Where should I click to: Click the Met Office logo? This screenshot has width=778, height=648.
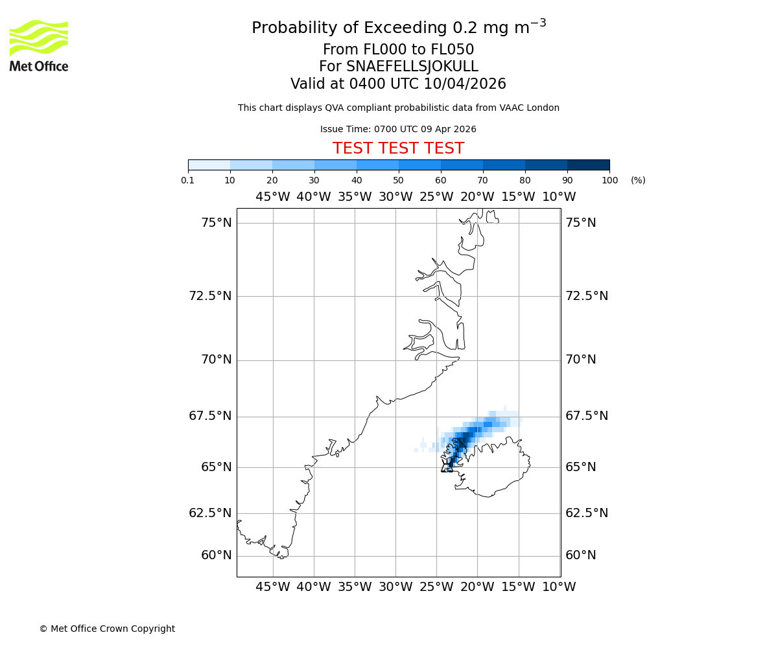click(39, 45)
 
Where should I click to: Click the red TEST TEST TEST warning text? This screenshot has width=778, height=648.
click(398, 148)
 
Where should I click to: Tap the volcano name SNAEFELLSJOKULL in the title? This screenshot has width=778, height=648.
click(413, 67)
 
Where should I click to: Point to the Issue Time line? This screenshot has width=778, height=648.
click(398, 129)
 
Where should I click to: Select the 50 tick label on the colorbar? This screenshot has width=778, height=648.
click(398, 180)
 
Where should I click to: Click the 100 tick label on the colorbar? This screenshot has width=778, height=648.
click(609, 180)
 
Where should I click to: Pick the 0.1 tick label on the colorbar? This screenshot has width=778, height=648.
click(188, 180)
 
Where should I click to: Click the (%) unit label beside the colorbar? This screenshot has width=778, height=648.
click(638, 180)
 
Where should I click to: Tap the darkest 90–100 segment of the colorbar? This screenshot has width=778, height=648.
click(588, 165)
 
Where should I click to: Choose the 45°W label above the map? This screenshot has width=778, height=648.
click(272, 197)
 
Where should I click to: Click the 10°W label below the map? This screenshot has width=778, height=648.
click(559, 587)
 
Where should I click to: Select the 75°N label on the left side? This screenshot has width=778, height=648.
click(216, 223)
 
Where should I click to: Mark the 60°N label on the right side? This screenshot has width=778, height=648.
click(580, 555)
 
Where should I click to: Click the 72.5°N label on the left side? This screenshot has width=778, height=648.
click(210, 296)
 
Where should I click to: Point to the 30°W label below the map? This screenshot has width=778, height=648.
click(395, 587)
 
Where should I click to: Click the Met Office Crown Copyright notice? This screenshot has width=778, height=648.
click(107, 629)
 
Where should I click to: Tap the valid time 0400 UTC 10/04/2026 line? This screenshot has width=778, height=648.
click(398, 84)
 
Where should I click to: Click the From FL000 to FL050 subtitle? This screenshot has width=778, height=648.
click(398, 50)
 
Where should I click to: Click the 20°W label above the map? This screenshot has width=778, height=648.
click(477, 197)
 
